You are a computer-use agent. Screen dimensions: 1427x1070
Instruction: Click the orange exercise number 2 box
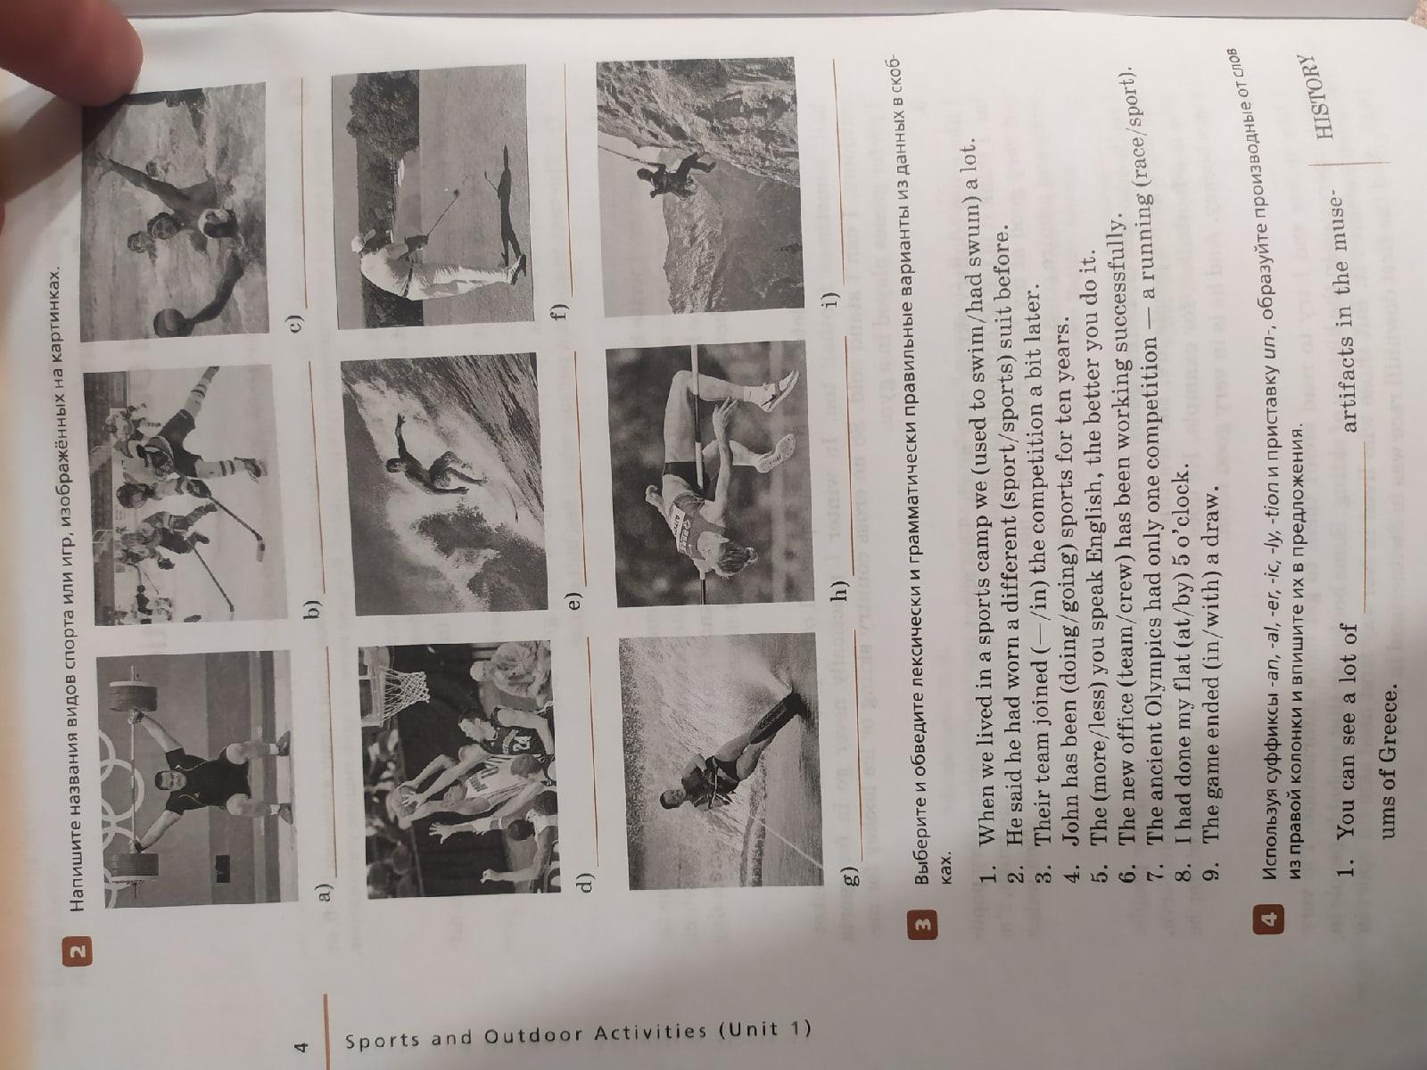(x=79, y=952)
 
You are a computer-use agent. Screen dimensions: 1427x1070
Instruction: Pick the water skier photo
(x=718, y=760)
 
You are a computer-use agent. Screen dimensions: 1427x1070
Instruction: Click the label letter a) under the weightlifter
(x=323, y=893)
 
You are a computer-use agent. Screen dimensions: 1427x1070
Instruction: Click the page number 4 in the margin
(x=301, y=1047)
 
